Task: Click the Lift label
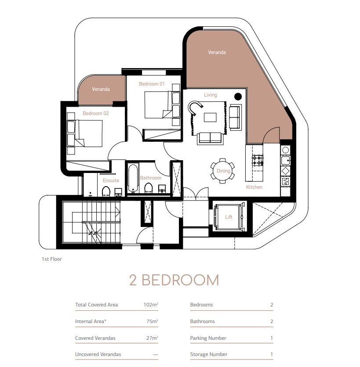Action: [228, 217]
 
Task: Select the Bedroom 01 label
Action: [151, 84]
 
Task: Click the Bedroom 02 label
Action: [95, 113]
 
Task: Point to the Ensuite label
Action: [111, 180]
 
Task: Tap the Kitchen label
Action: [254, 187]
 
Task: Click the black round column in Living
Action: [238, 97]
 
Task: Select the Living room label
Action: [210, 95]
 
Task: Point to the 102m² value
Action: [150, 305]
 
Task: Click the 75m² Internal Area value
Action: [152, 321]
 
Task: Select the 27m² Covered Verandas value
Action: [152, 338]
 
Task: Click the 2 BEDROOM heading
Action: [174, 280]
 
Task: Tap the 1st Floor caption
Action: [52, 259]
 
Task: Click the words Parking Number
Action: [208, 338]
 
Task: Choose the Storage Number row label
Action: [208, 354]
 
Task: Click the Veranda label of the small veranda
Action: [101, 89]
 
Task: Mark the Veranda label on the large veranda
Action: [217, 52]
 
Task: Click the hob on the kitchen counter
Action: [258, 160]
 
